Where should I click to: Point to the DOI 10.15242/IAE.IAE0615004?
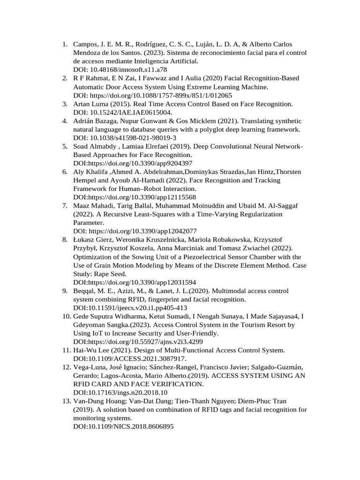pos(132,112)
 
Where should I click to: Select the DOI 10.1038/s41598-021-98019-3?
pos(134,138)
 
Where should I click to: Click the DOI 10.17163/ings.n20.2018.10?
pos(127,393)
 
